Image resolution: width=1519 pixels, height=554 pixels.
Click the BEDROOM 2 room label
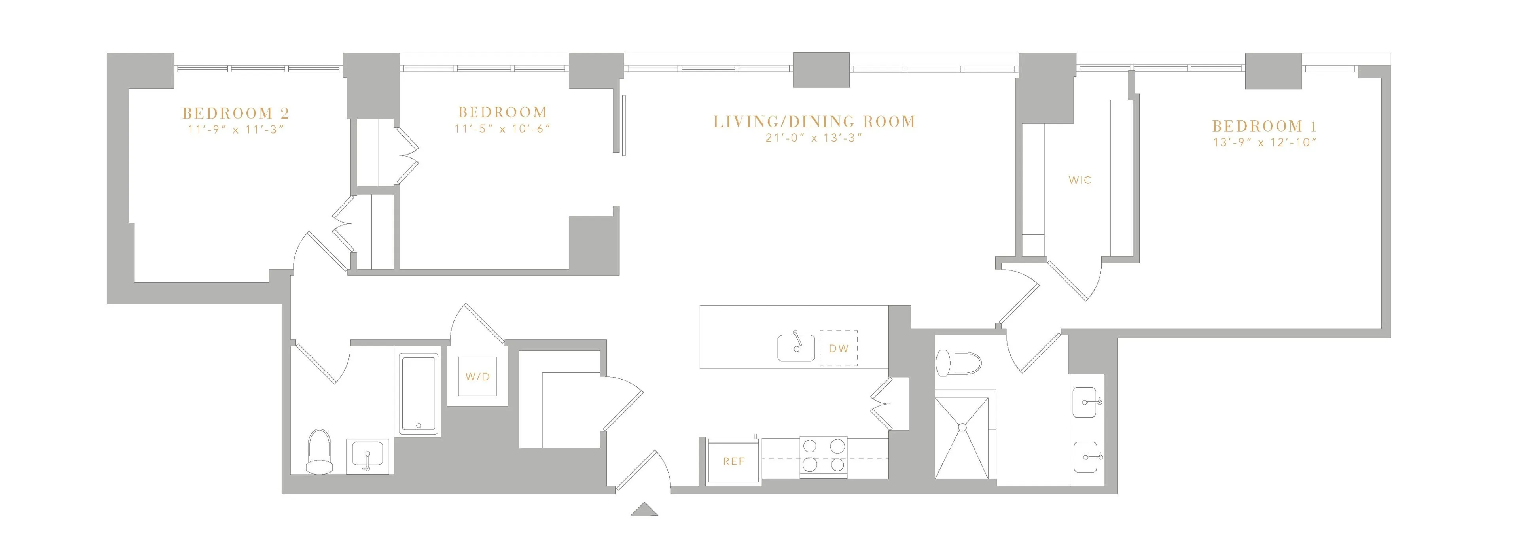pos(235,113)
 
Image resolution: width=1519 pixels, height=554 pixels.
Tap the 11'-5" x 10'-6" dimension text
pos(502,129)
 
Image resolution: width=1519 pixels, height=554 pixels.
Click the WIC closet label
pos(1080,180)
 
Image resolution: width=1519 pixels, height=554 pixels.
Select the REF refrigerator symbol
pos(733,461)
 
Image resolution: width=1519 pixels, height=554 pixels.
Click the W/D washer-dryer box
pos(477,376)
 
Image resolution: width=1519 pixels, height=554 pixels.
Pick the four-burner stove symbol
pos(823,456)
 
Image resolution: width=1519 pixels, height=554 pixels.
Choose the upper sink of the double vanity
pos(1085,402)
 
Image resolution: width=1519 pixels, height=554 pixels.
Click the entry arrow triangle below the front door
pos(644,510)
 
